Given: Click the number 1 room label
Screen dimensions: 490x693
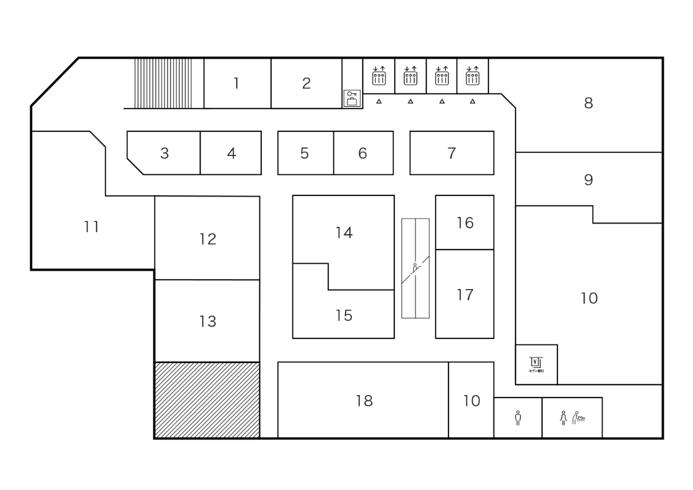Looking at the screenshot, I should [236, 84].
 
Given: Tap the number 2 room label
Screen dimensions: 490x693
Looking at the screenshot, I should [306, 84].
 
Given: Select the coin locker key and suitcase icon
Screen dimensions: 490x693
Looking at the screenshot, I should [352, 99].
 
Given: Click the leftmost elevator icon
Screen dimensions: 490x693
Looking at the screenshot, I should [379, 76].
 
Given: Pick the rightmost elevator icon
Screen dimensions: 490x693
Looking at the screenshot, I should [472, 76].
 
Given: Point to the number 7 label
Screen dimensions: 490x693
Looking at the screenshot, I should [452, 153].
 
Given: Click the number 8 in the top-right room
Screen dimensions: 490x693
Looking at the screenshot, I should [588, 104].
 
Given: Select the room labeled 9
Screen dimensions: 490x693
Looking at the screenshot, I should [588, 180].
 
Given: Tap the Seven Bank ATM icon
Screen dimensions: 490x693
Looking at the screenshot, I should [536, 364].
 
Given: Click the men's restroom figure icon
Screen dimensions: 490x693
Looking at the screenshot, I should [517, 418].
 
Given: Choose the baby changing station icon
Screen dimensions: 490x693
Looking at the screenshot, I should [578, 418].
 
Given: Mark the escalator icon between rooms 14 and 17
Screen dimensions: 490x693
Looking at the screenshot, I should [415, 268].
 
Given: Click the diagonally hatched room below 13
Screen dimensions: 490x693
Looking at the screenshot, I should [207, 400].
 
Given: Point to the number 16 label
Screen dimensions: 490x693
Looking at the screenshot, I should [465, 223].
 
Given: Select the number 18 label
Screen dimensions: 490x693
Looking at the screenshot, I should [364, 401].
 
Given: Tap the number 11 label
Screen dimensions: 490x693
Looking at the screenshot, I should [92, 227].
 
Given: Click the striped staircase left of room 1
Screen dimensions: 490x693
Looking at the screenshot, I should [163, 84].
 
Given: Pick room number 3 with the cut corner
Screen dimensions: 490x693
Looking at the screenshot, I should [164, 153].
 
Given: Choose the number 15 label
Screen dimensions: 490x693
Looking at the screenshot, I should [344, 316].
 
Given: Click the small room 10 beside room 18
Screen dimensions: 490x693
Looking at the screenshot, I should [471, 401].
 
